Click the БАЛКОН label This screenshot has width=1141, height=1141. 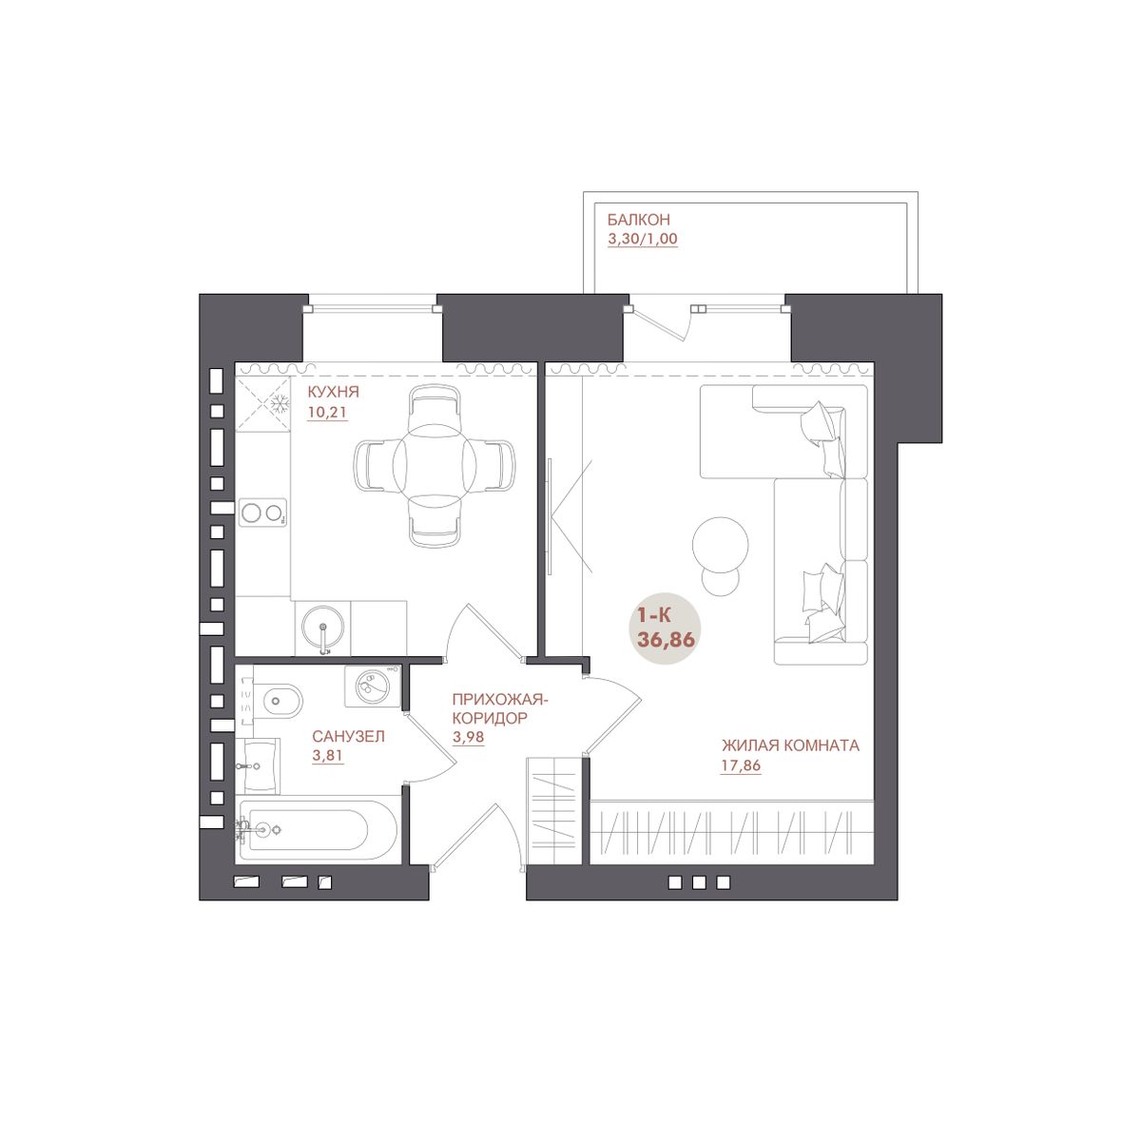point(638,220)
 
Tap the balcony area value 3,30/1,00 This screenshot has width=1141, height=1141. point(643,239)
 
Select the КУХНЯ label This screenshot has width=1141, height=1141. point(333,392)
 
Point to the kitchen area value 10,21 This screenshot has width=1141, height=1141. point(327,412)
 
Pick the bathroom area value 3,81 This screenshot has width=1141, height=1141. point(327,756)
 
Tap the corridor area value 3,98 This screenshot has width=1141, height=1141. point(468,737)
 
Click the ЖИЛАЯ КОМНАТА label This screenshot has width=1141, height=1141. point(790,745)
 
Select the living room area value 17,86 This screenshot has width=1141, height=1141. point(740,765)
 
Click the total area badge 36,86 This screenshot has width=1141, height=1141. point(666,640)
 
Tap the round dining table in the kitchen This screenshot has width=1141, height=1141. point(435,464)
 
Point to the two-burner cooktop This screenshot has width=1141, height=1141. point(262,512)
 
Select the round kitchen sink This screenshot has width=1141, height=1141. point(322,629)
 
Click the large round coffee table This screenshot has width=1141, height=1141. point(720,546)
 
